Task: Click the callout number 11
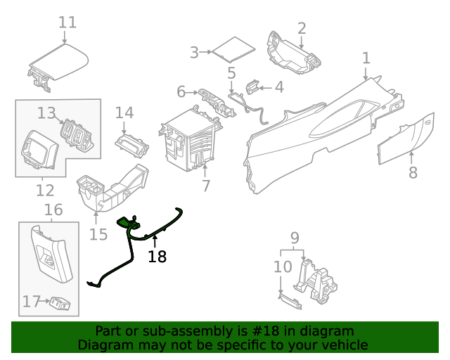coord(67,22)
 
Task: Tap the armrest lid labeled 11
coord(60,63)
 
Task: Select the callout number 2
coord(301,28)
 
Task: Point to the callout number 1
coord(366,57)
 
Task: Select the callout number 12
coord(45,190)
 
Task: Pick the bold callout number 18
coord(157,257)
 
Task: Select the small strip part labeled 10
coord(288,301)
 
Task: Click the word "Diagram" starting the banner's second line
coord(105,345)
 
